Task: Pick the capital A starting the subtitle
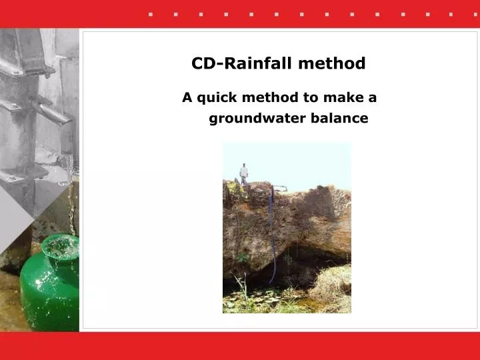point(187,98)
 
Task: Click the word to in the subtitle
point(311,98)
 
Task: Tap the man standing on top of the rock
point(244,173)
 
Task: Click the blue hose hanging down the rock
point(272,233)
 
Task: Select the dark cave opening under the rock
point(293,267)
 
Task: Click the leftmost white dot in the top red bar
point(151,14)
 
